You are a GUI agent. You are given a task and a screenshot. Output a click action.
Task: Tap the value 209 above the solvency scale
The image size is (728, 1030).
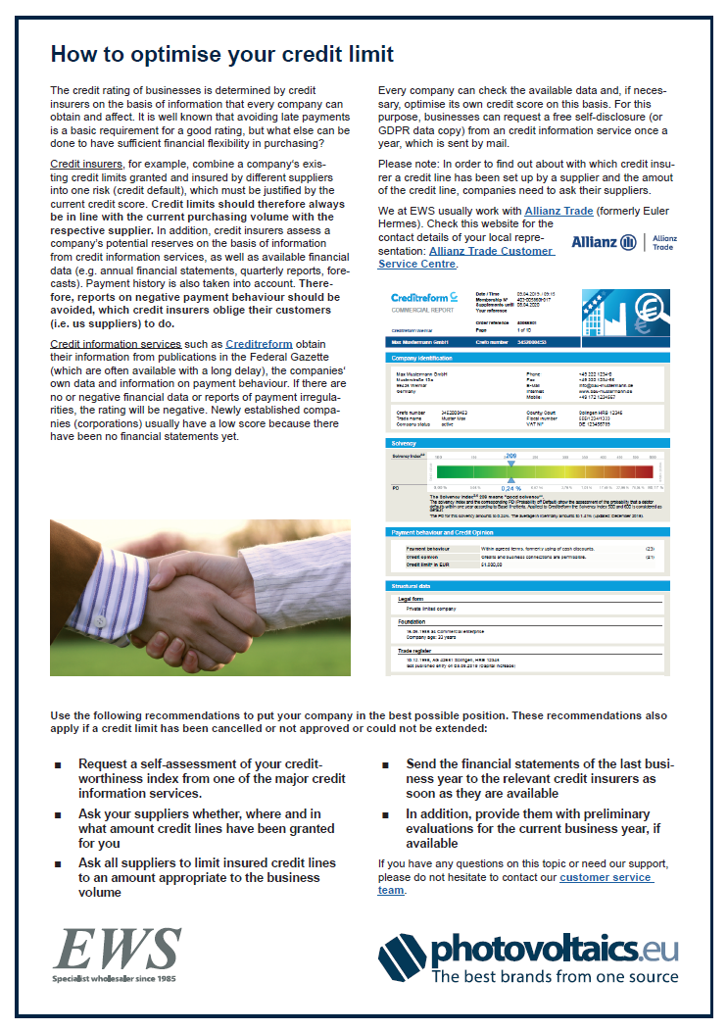510,457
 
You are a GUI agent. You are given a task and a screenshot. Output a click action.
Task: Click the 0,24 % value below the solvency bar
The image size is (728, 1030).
510,487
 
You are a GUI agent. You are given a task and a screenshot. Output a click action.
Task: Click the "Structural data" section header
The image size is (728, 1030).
412,585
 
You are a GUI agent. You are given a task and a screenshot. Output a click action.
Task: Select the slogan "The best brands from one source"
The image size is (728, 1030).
556,976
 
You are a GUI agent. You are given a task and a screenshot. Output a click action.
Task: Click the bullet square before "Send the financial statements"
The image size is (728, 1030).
384,764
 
